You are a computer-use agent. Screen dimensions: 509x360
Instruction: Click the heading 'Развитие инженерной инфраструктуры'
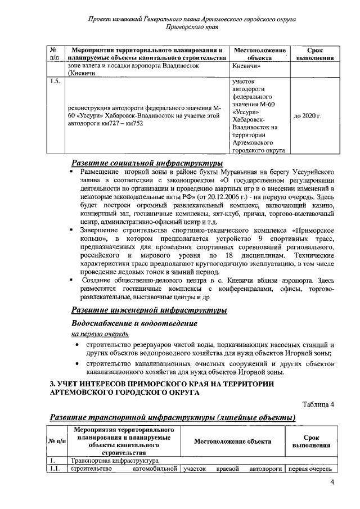tap(149, 310)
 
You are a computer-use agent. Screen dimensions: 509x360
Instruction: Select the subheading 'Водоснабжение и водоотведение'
tap(134, 323)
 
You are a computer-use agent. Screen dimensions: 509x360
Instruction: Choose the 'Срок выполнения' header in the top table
tap(312, 54)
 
